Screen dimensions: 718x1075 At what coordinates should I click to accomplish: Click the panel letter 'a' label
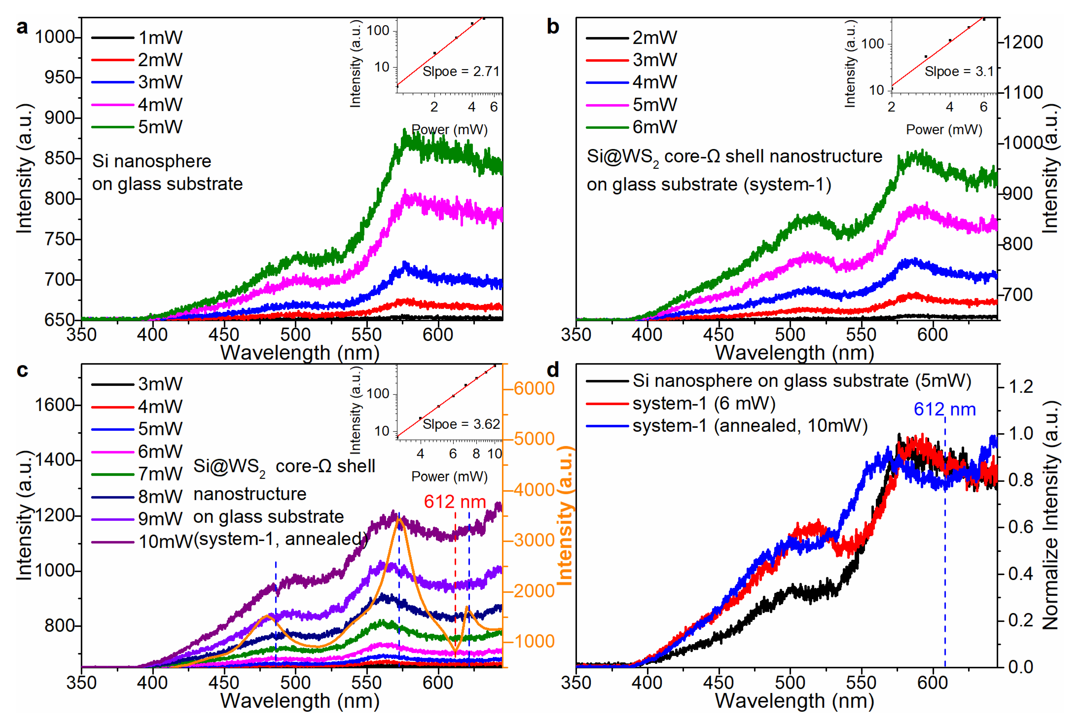click(x=22, y=27)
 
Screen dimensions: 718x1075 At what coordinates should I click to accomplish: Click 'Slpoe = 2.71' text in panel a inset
click(x=460, y=72)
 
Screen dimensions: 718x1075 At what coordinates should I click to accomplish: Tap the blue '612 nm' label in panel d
click(x=945, y=409)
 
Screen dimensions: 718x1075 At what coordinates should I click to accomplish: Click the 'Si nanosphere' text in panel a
click(x=151, y=161)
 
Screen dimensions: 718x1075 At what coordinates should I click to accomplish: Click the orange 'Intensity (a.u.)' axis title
click(x=566, y=515)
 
